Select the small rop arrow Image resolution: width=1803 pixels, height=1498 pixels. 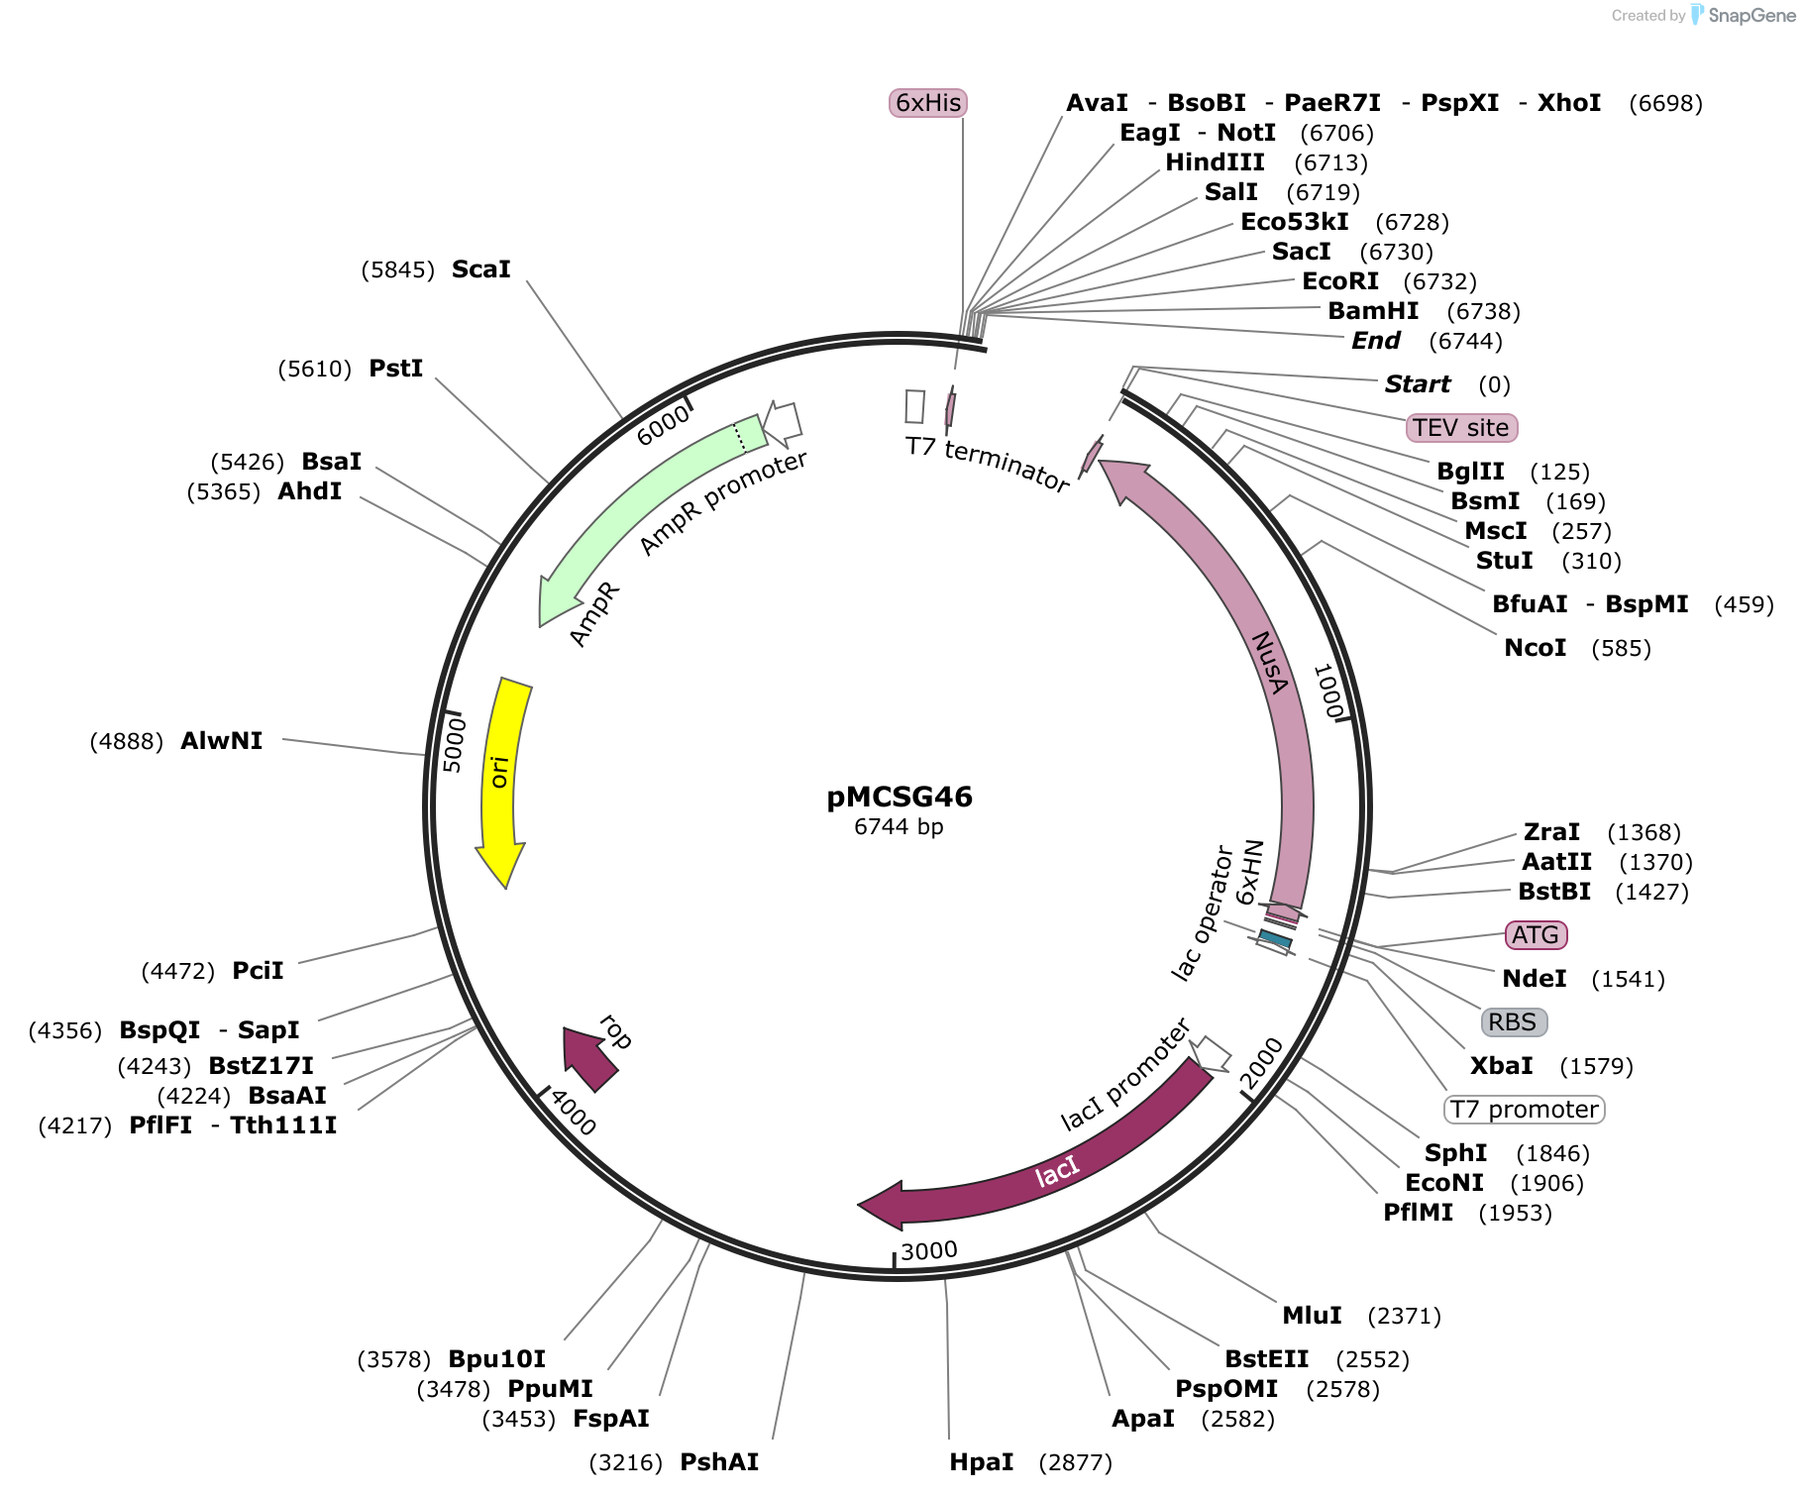click(588, 1058)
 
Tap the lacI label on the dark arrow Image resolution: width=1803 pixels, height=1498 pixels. click(1056, 1171)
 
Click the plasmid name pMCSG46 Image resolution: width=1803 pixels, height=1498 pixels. click(900, 797)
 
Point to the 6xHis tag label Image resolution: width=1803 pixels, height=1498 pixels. click(928, 103)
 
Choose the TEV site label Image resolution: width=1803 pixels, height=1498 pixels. click(1461, 428)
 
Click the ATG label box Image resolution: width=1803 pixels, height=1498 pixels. click(1536, 935)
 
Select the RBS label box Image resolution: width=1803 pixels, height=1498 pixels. click(1513, 1022)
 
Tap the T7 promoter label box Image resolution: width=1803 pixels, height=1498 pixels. click(1525, 1110)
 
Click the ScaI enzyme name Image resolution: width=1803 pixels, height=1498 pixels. click(481, 269)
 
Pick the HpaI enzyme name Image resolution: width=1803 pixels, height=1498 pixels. click(982, 1462)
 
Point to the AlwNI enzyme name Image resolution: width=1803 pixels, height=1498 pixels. click(222, 741)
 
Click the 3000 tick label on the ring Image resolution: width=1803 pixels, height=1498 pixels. click(929, 1250)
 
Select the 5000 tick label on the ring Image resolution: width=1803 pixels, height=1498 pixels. click(453, 745)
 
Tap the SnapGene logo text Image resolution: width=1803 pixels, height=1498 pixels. click(1751, 15)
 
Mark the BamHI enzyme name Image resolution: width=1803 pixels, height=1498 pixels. click(1373, 311)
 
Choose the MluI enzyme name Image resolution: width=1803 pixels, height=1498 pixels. click(1313, 1316)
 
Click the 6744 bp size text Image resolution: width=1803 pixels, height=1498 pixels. click(899, 826)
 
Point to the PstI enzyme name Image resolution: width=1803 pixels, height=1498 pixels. click(396, 369)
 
